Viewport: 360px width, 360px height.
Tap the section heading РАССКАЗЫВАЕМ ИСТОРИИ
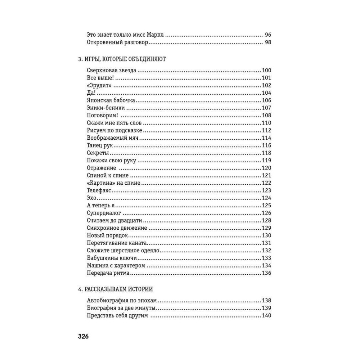[116, 289]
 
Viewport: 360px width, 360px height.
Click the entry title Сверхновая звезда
[111, 71]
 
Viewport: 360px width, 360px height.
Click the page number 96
[267, 35]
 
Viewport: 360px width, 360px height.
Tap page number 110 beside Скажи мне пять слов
[266, 123]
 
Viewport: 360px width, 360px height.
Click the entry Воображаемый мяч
[113, 138]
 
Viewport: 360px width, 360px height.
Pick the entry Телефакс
[100, 190]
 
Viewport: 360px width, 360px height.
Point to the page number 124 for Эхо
[266, 198]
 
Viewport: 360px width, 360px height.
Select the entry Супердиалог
[104, 213]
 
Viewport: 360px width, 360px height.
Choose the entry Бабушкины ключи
[108, 258]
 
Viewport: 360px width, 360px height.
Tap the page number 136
[266, 273]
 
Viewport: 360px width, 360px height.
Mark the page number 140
[266, 316]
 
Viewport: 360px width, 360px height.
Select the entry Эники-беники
[106, 108]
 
